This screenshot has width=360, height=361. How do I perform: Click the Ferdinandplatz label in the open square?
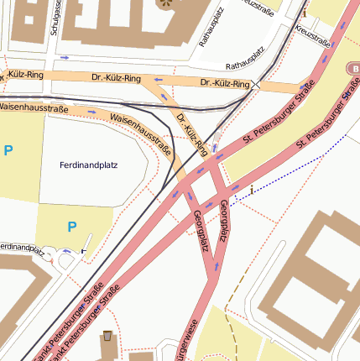pos(89,165)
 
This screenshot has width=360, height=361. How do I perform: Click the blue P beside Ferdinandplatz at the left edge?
pos(8,150)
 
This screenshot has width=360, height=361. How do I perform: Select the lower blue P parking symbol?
pos(72,226)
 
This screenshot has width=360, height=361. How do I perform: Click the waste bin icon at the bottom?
pos(107,337)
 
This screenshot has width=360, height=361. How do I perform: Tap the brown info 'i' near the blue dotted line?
pos(251,190)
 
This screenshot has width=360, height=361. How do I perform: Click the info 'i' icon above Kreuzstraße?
pos(304,12)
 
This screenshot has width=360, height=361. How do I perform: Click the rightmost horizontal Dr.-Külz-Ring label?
pos(225,83)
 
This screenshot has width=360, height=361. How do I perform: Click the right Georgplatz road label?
pos(222,218)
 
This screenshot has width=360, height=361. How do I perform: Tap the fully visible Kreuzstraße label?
pos(314,35)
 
